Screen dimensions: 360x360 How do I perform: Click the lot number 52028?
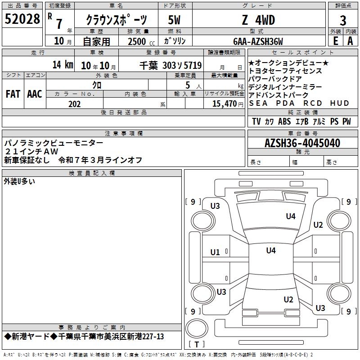tap(22, 19)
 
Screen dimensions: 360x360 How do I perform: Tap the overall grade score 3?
tap(343, 21)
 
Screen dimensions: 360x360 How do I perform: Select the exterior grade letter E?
tap(335, 41)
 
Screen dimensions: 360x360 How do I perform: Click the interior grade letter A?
tap(350, 41)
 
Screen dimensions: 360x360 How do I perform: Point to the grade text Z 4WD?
tap(258, 20)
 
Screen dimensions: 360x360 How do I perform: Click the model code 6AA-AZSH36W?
tap(258, 41)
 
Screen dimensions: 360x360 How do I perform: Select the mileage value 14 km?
tap(63, 64)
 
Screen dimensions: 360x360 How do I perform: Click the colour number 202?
tap(74, 104)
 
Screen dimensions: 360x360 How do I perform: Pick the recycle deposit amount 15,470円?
tap(228, 104)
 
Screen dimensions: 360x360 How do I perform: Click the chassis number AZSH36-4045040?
tap(302, 143)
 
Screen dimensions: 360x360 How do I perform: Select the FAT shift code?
tap(13, 94)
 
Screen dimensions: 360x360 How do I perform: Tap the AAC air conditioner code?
tap(35, 94)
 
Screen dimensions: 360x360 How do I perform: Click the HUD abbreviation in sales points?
tap(340, 103)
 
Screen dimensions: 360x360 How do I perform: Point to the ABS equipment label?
tap(284, 121)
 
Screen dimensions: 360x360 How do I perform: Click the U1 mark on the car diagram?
tap(215, 252)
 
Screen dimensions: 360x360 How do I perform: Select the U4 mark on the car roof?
tap(271, 250)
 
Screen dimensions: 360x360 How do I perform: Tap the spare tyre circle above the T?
tap(197, 328)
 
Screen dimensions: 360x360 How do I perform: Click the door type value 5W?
tap(174, 20)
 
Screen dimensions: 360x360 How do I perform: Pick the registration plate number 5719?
tap(193, 66)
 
